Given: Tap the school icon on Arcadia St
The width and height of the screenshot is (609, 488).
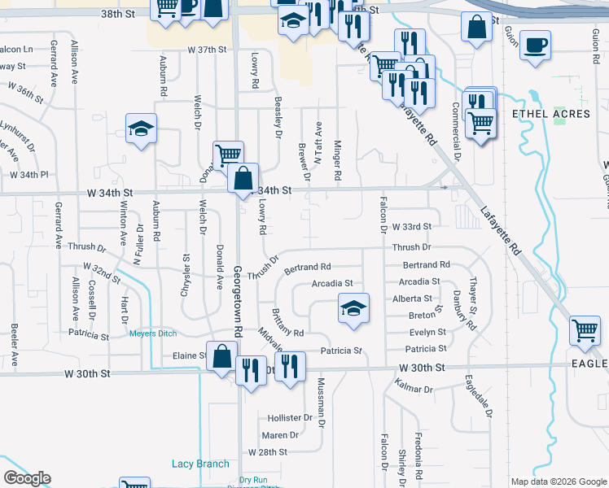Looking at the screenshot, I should tap(353, 309).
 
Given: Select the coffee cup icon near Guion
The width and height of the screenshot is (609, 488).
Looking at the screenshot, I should tap(535, 46).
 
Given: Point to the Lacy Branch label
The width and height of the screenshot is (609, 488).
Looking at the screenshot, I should tap(200, 464).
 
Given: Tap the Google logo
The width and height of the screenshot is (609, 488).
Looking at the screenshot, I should tap(27, 478).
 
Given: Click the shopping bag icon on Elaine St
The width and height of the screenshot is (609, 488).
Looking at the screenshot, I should tap(221, 357).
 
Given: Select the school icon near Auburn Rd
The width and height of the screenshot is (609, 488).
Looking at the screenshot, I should tap(141, 129).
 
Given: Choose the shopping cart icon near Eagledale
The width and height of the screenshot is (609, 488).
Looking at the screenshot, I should tap(585, 331).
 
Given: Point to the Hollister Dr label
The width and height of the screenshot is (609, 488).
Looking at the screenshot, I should tap(290, 417).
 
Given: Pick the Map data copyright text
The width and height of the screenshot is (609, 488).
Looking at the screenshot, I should tap(558, 481).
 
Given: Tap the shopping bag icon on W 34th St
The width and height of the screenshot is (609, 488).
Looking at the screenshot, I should tap(243, 179).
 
